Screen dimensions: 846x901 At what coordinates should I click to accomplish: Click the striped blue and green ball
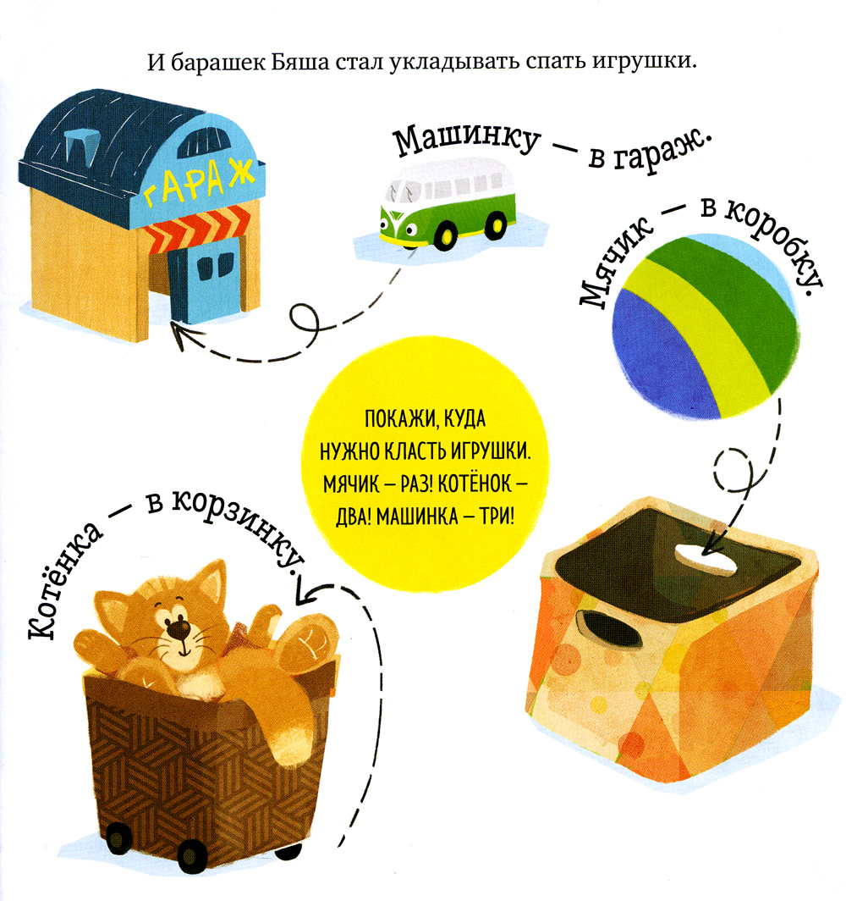(706, 326)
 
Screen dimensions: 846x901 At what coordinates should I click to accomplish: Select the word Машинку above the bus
(466, 140)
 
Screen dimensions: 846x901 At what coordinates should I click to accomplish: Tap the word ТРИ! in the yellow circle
(497, 516)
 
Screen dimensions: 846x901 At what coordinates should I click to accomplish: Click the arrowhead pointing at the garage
(184, 335)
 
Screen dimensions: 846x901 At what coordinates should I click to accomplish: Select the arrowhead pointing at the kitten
(310, 592)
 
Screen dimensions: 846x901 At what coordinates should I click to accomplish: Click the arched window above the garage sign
(201, 140)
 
